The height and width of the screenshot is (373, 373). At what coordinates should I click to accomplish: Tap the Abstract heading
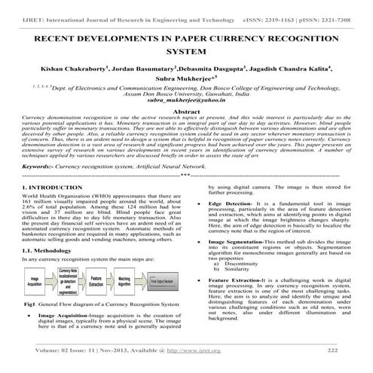(x=186, y=111)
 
